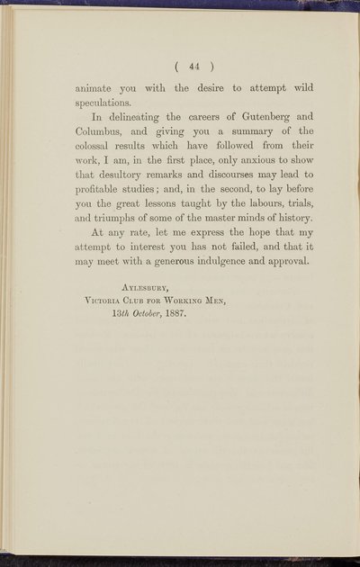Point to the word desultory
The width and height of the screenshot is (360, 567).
pos(128,185)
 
